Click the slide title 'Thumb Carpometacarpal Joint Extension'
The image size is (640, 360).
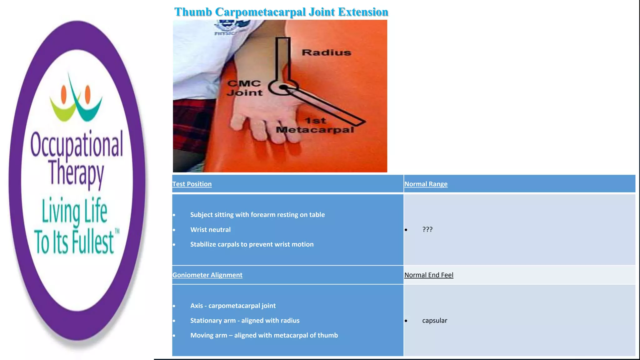pos(281,12)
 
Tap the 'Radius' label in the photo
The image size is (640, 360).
pos(326,52)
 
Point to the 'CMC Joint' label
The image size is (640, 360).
pos(244,88)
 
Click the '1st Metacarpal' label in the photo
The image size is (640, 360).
pos(315,125)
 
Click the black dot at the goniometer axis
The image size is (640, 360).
pos(283,87)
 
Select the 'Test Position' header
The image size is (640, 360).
pos(192,184)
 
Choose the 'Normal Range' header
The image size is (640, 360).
pos(426,184)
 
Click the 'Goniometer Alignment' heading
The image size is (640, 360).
pos(207,275)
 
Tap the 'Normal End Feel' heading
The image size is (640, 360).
pos(428,275)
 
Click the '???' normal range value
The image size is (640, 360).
pos(427,229)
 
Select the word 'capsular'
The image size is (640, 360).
pos(434,321)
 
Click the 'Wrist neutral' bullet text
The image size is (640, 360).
pos(210,230)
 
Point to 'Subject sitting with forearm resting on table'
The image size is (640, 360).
pos(257,215)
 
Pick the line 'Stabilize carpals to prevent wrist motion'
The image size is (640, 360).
pos(252,244)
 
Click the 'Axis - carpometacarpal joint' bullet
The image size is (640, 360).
pos(233,306)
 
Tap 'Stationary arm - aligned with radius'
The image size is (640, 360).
pos(245,321)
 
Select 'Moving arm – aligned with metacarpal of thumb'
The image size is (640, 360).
pos(264,335)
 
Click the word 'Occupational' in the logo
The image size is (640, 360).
pos(77,144)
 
